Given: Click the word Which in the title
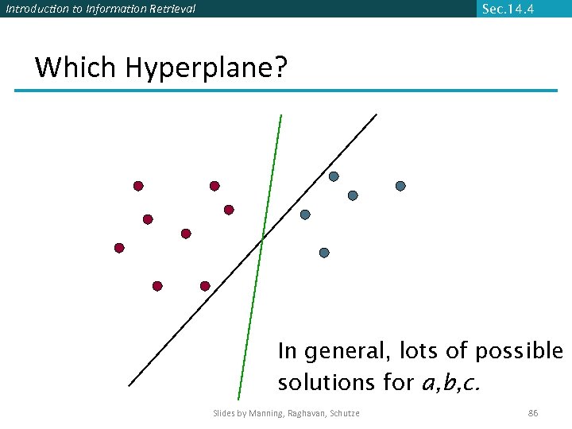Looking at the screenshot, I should (x=76, y=68).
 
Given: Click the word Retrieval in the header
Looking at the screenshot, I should (x=168, y=10).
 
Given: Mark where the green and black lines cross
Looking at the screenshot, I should (x=263, y=238).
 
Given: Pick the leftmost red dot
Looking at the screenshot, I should (x=119, y=248).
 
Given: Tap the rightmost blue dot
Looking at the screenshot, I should (x=400, y=186).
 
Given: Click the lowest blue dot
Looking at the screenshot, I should (x=324, y=253).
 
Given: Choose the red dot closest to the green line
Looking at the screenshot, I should (x=229, y=210).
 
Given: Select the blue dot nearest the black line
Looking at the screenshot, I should (x=305, y=214).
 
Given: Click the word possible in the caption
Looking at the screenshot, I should (x=520, y=350).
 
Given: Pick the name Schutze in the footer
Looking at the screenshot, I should (x=342, y=413).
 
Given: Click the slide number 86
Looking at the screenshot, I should (x=533, y=413).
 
